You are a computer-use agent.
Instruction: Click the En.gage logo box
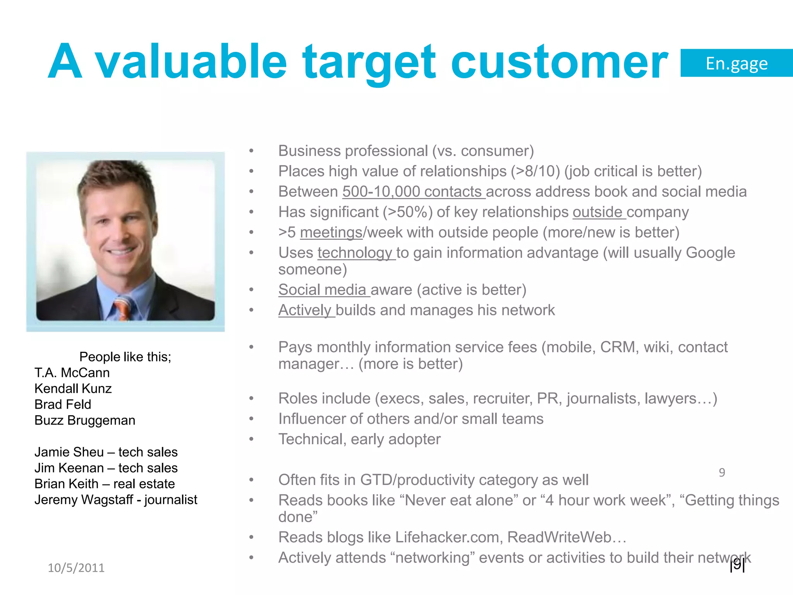[x=736, y=63]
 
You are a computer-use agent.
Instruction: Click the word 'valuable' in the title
[x=192, y=62]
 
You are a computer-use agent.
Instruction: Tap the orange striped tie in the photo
[x=123, y=308]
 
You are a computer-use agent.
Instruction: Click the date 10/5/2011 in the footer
[x=76, y=568]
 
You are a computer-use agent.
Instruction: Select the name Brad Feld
[x=63, y=404]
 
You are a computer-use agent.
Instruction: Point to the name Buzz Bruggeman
[x=85, y=420]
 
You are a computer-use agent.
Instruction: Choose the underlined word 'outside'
[x=598, y=212]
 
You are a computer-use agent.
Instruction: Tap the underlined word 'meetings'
[x=331, y=232]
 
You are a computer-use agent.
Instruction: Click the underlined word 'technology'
[x=355, y=253]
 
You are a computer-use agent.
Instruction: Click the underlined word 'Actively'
[x=306, y=310]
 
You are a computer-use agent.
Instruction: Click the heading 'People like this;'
[x=125, y=356]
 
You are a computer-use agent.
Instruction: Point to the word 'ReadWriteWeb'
[x=560, y=537]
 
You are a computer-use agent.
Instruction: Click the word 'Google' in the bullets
[x=710, y=253]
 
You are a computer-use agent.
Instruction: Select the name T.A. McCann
[x=72, y=373]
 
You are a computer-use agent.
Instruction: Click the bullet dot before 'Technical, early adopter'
[x=251, y=439]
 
